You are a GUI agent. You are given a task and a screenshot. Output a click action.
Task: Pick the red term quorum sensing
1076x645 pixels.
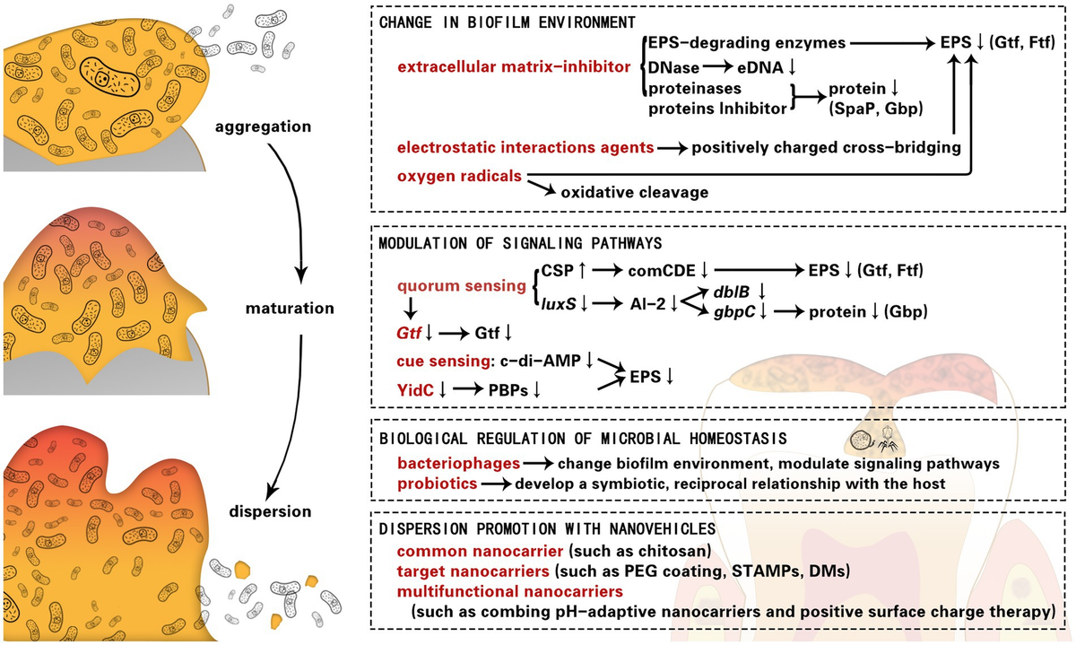(462, 286)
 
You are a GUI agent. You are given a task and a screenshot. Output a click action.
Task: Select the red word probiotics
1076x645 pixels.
(438, 484)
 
